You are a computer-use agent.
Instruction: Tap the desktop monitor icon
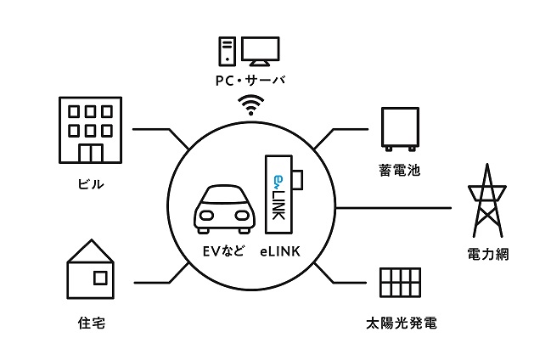tap(261, 51)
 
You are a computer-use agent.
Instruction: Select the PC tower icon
tap(227, 51)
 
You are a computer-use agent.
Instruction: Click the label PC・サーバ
tap(250, 81)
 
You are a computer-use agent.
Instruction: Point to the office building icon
tap(90, 130)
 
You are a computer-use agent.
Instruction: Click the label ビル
tap(91, 184)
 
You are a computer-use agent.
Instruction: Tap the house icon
tap(91, 269)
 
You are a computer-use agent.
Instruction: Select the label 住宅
tap(92, 323)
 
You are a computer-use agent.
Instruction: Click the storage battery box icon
tap(400, 129)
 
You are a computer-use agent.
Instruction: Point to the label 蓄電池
tap(400, 170)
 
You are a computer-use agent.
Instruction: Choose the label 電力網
tap(488, 254)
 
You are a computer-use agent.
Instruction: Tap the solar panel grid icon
tap(400, 283)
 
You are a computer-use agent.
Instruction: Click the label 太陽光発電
tap(402, 323)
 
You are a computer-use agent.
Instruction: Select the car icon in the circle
tap(223, 210)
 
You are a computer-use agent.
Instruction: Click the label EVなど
tap(223, 251)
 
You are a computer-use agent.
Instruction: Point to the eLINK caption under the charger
tap(280, 251)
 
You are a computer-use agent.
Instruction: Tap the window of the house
tap(100, 278)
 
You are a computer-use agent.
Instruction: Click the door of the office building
tap(91, 154)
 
